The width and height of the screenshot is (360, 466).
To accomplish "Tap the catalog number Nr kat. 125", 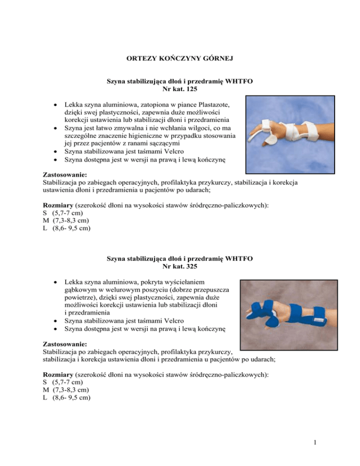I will [180, 89].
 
